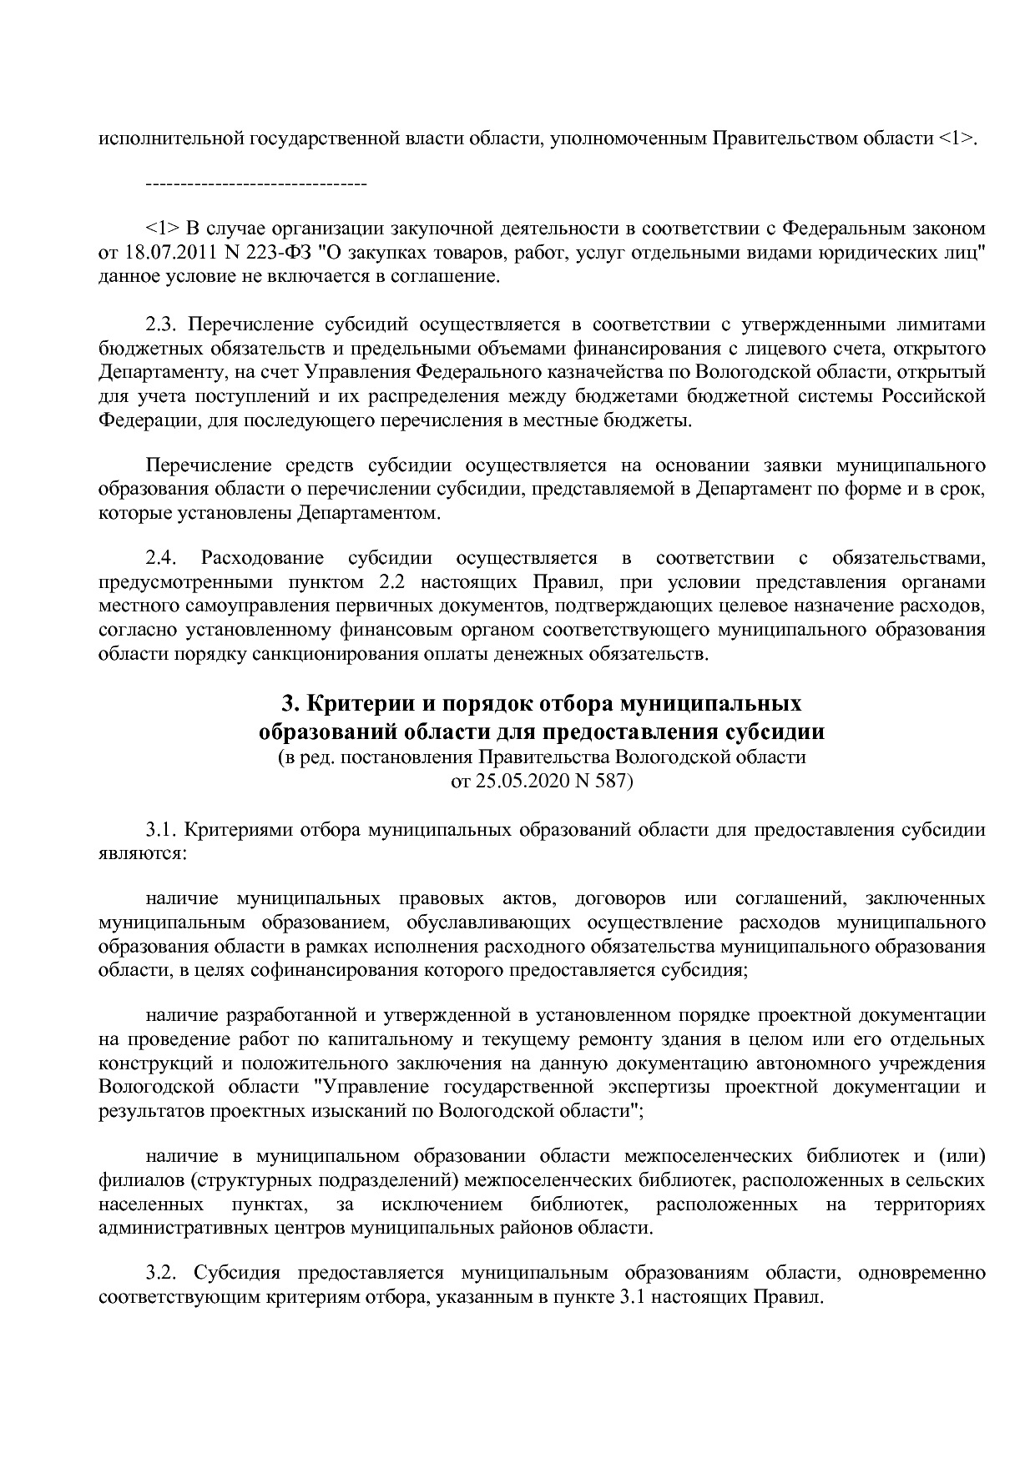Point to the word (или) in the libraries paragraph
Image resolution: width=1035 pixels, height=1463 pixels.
pyautogui.click(x=962, y=1156)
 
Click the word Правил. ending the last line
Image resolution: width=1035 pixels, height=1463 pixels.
pyautogui.click(x=788, y=1298)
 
